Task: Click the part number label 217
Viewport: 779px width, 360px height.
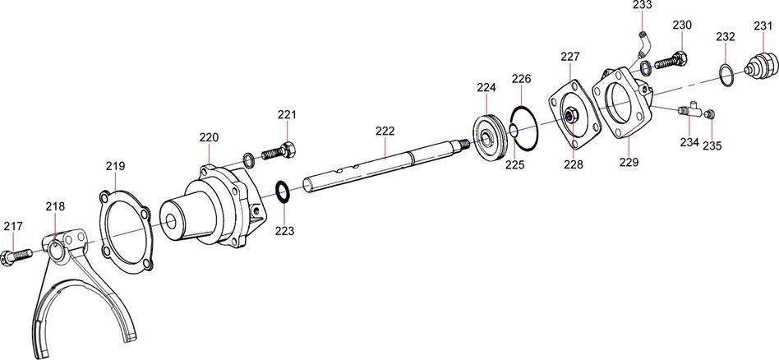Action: pyautogui.click(x=13, y=226)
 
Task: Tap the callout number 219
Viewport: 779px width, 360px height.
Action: pyautogui.click(x=115, y=166)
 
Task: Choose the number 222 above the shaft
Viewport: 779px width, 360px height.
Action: pyautogui.click(x=385, y=131)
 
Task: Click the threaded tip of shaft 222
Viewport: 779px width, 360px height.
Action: pyautogui.click(x=464, y=143)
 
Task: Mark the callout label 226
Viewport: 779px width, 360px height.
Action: pyautogui.click(x=522, y=79)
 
